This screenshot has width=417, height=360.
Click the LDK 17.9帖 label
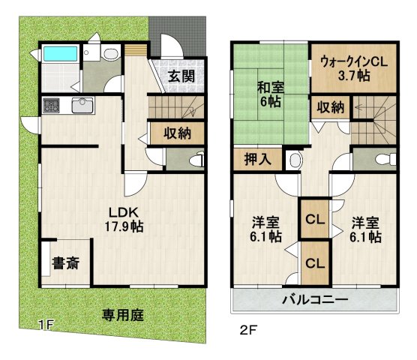click(x=124, y=218)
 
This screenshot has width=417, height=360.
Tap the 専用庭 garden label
click(x=123, y=315)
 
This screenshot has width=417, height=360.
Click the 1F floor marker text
click(x=46, y=325)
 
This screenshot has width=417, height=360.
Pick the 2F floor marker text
click(x=248, y=328)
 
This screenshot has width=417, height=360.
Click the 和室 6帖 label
click(x=270, y=94)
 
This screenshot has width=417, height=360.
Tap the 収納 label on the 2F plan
click(x=330, y=107)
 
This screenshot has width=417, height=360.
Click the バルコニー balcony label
click(x=315, y=299)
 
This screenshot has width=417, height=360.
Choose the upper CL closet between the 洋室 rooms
click(x=313, y=220)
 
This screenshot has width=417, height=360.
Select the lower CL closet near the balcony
click(x=313, y=263)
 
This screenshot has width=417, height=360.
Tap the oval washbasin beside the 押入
click(x=295, y=160)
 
